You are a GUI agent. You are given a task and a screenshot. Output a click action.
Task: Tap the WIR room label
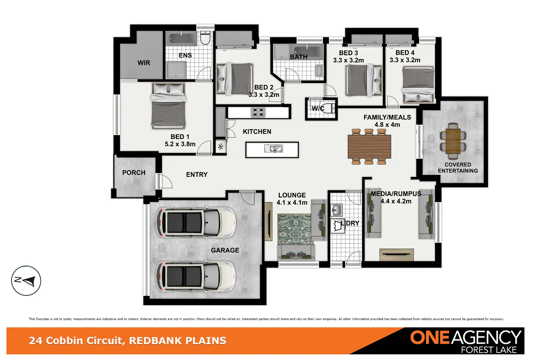pyautogui.click(x=144, y=63)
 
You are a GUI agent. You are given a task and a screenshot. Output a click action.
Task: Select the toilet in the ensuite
pyautogui.click(x=205, y=38)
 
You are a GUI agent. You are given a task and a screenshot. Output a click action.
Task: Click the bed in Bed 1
pyautogui.click(x=169, y=106)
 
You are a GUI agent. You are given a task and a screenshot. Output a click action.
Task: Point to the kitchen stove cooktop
pyautogui.click(x=258, y=112)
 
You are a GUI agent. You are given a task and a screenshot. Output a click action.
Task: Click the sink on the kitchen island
pyautogui.click(x=273, y=149)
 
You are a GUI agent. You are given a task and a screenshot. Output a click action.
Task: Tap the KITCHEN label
pyautogui.click(x=257, y=132)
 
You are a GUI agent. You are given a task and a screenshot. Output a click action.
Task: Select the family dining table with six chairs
pyautogui.click(x=369, y=147)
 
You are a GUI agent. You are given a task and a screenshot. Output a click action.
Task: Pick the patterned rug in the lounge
pyautogui.click(x=294, y=229)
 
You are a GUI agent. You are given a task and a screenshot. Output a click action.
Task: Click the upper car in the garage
pyautogui.click(x=196, y=222)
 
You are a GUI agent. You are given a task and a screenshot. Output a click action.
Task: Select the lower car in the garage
pyautogui.click(x=196, y=277)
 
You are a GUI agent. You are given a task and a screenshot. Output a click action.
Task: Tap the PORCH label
pyautogui.click(x=134, y=173)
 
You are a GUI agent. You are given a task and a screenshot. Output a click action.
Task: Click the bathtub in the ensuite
pyautogui.click(x=182, y=39)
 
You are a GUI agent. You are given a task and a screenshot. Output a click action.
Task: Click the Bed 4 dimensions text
pyautogui.click(x=405, y=60)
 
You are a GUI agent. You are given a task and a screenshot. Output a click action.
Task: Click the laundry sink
pyautogui.click(x=336, y=210)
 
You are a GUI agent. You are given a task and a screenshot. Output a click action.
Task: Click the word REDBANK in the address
pyautogui.click(x=155, y=341)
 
